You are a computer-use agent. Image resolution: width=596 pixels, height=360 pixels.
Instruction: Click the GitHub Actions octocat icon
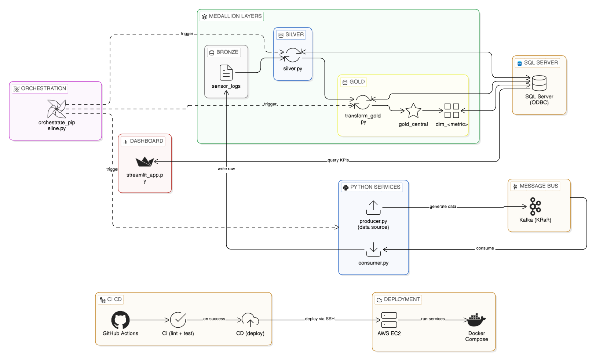click(120, 320)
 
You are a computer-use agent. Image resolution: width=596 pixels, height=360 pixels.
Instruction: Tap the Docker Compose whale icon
click(476, 320)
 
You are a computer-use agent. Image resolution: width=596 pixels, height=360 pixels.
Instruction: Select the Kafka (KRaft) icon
click(535, 206)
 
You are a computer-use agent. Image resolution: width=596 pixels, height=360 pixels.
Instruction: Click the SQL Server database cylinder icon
click(539, 83)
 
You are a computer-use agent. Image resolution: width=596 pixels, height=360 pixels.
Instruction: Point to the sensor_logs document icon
click(226, 73)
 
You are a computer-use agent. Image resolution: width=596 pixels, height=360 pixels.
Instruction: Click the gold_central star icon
click(413, 110)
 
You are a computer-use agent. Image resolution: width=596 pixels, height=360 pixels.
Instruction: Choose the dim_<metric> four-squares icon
click(451, 110)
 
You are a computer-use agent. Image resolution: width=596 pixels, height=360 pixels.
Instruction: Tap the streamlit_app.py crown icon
click(145, 161)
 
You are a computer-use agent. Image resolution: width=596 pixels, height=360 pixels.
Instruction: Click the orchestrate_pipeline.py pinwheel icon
click(56, 109)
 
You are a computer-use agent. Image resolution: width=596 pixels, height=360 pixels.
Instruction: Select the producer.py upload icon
click(373, 208)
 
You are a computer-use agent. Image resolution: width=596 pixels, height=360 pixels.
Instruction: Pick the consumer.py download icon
click(373, 250)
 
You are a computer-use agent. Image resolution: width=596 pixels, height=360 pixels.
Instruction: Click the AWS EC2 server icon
click(389, 320)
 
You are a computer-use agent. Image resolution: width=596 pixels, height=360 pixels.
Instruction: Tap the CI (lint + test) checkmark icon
click(178, 320)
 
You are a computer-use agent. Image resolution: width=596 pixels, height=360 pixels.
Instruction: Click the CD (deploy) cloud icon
click(250, 320)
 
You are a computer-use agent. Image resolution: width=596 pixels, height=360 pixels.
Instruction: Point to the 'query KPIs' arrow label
click(338, 160)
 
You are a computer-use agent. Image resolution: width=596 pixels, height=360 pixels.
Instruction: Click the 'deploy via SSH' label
click(319, 319)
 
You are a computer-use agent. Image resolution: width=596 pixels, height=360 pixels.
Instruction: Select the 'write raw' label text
click(226, 169)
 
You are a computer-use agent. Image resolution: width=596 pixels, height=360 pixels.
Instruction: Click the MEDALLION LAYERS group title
click(235, 17)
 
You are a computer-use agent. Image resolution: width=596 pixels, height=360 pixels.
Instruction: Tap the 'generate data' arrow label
click(443, 207)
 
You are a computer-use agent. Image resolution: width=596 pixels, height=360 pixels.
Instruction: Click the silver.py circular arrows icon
click(293, 55)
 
